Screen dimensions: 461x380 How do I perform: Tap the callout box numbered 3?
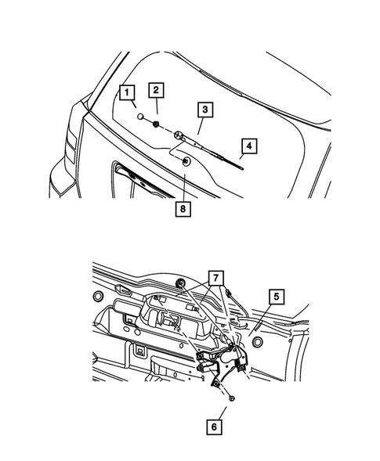[204, 110]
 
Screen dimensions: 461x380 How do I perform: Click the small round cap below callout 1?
[139, 118]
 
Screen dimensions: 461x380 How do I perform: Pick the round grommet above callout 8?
[186, 162]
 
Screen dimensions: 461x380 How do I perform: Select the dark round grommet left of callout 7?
[181, 283]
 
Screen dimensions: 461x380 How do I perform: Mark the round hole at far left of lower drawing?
[97, 297]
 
